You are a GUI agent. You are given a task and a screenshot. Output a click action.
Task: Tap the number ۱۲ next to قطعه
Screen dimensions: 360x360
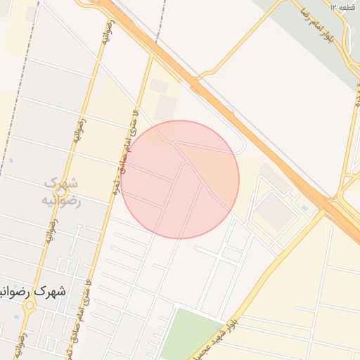point(333,6)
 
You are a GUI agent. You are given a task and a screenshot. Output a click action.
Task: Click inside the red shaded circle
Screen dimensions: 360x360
point(180,180)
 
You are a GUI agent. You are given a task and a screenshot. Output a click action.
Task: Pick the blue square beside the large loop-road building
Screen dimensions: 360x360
point(304,208)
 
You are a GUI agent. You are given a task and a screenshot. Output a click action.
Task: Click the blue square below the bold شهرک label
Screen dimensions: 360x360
point(15,317)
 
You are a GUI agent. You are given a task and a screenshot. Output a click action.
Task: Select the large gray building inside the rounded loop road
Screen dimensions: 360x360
point(276,210)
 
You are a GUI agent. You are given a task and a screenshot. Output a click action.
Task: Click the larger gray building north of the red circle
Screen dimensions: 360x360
point(166,108)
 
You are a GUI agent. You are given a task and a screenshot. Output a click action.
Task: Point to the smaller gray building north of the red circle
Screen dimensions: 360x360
point(159,86)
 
